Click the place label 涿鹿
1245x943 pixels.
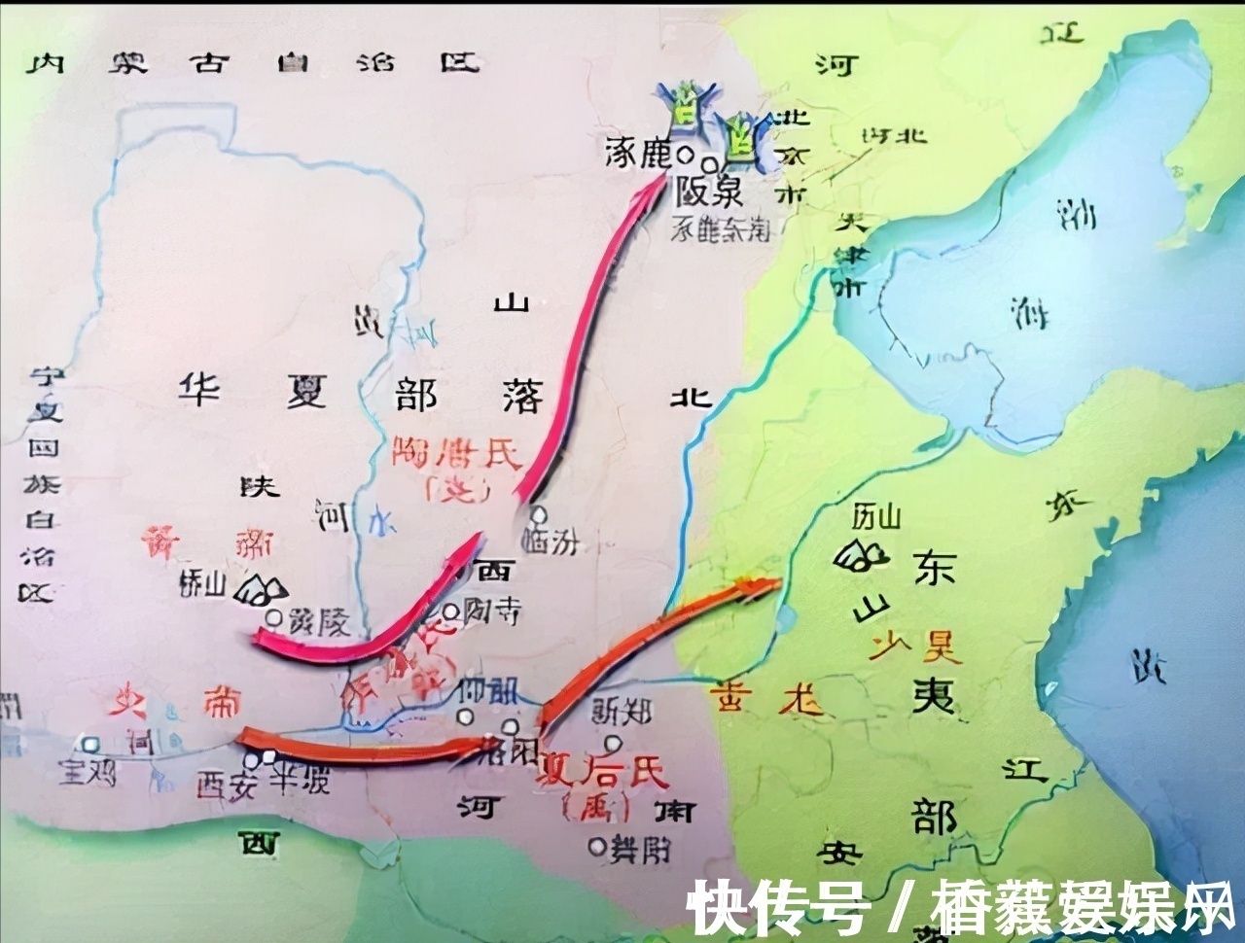pyautogui.click(x=638, y=153)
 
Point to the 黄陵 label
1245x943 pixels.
pyautogui.click(x=318, y=620)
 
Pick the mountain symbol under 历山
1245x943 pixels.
pyautogui.click(x=860, y=554)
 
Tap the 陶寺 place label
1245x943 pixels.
pyautogui.click(x=491, y=611)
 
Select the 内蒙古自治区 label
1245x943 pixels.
pyautogui.click(x=253, y=63)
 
